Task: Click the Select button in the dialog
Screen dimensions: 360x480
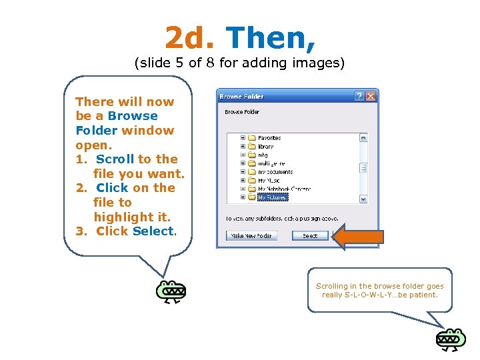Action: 310,235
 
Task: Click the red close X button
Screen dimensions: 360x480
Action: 371,96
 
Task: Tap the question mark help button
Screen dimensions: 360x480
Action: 359,96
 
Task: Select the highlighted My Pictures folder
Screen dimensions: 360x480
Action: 273,197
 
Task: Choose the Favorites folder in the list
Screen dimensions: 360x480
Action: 269,138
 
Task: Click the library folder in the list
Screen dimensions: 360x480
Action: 265,146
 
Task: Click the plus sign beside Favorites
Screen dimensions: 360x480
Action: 243,138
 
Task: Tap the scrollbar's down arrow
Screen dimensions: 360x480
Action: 363,199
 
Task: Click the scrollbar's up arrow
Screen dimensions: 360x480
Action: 363,138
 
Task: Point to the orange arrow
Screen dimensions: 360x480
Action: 358,236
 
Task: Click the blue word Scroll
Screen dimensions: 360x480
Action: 115,159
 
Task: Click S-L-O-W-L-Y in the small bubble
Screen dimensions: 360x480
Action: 381,295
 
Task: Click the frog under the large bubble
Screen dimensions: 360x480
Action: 171,291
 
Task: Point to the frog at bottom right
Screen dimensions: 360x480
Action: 451,339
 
